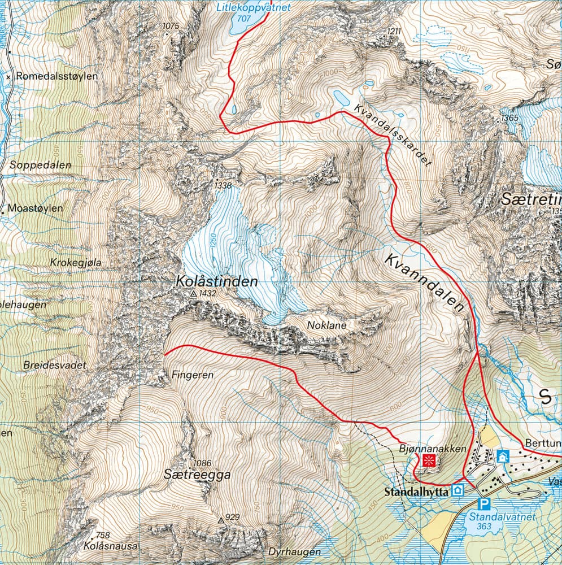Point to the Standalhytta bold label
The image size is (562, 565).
416,492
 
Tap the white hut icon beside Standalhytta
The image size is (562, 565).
459,490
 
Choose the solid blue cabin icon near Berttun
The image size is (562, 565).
503,456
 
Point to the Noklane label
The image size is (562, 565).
326,325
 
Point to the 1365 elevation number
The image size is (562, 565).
509,118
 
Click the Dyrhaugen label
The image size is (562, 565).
295,552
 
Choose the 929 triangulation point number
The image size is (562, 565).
233,516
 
